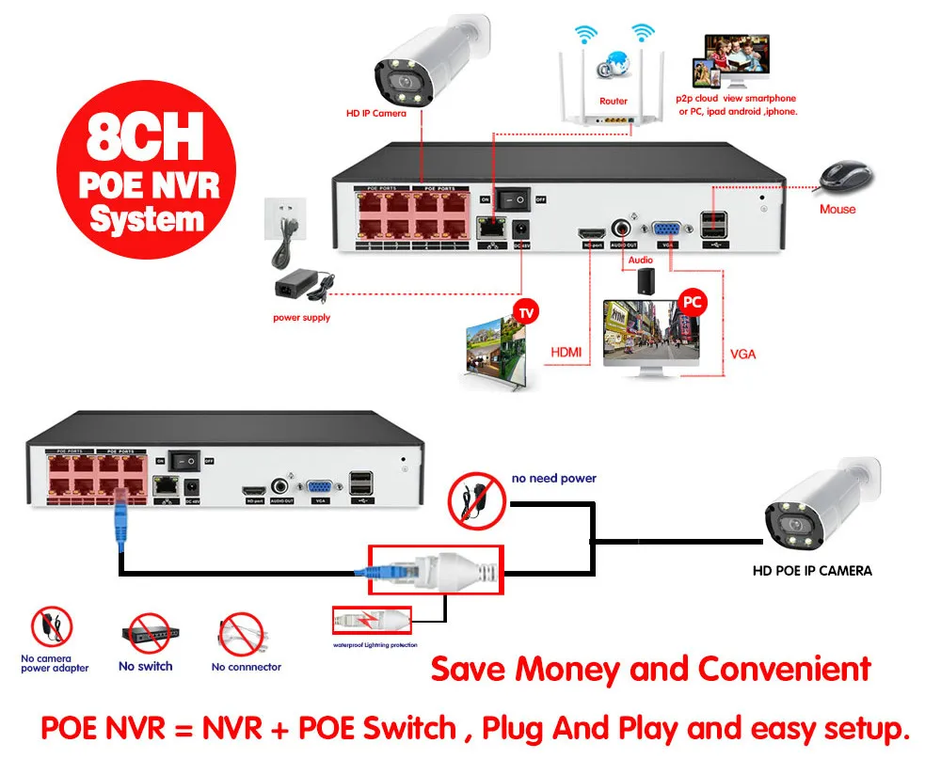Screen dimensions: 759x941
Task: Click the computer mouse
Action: (x=846, y=177)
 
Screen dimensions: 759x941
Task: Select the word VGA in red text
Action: (x=742, y=355)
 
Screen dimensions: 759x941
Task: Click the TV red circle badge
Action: (x=527, y=310)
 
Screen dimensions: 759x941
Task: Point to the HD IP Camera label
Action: (x=376, y=113)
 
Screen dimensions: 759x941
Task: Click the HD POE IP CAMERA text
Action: (x=812, y=570)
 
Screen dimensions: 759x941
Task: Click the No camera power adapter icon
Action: (x=53, y=628)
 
